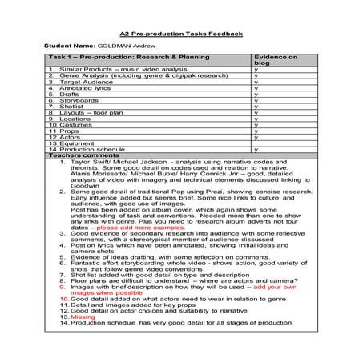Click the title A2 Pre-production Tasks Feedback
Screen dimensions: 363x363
pos(181,34)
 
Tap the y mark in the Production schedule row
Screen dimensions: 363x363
pos(255,150)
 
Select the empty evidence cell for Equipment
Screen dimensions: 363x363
pos(280,143)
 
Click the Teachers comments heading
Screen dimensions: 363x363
pos(79,156)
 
